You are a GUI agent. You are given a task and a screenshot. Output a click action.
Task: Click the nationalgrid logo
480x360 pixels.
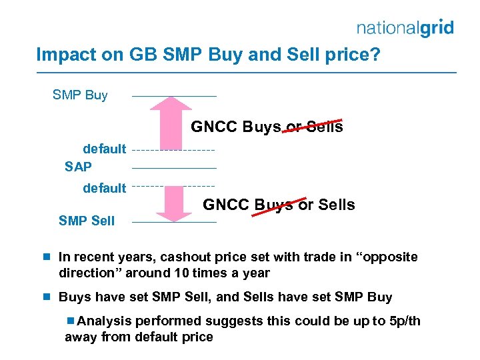pyautogui.click(x=405, y=28)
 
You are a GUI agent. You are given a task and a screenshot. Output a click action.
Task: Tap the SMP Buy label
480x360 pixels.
pyautogui.click(x=80, y=95)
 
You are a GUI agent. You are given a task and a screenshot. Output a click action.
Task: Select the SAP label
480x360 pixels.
pyautogui.click(x=78, y=167)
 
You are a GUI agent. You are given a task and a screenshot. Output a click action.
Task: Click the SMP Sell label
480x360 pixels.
pyautogui.click(x=87, y=221)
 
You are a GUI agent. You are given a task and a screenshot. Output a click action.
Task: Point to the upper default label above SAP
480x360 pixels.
pyautogui.click(x=104, y=149)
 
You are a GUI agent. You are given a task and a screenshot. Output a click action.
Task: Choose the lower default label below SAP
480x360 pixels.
pyautogui.click(x=104, y=188)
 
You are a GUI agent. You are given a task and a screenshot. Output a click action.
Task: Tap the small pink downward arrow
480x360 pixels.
pyautogui.click(x=175, y=203)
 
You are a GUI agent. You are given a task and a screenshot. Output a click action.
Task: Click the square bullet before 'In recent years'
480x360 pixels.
pyautogui.click(x=47, y=257)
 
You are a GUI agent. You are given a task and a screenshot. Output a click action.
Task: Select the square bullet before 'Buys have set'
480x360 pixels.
pyautogui.click(x=47, y=297)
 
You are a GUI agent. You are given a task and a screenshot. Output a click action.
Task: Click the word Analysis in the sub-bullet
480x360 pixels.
pyautogui.click(x=104, y=321)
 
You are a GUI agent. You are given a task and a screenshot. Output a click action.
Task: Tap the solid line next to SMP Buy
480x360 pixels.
pyautogui.click(x=175, y=97)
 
